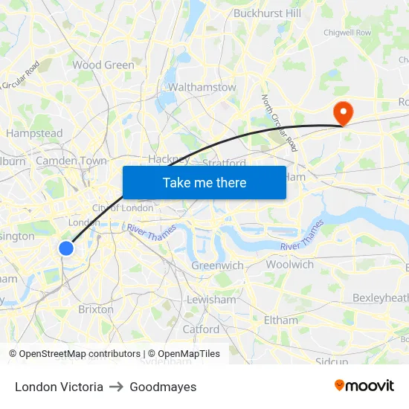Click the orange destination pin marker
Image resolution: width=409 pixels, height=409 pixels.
click(x=344, y=113)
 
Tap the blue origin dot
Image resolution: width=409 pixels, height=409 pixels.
click(x=66, y=248)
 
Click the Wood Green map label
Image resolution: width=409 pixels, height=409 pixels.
click(x=103, y=65)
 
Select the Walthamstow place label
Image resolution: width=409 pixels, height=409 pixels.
click(x=202, y=88)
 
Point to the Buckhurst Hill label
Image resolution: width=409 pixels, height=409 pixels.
click(x=267, y=13)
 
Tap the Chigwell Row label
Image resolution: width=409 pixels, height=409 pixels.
click(x=347, y=33)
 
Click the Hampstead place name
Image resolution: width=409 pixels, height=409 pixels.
click(x=34, y=133)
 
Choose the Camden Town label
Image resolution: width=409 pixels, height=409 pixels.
click(x=71, y=161)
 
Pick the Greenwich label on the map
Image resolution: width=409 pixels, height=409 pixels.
click(x=217, y=265)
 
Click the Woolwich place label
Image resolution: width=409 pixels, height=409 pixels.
click(x=289, y=264)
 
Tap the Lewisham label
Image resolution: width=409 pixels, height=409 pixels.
click(x=211, y=300)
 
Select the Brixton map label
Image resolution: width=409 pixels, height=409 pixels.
click(x=96, y=309)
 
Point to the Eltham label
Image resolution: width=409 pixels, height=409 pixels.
click(x=281, y=321)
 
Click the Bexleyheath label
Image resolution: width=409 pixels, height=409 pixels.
click(x=380, y=297)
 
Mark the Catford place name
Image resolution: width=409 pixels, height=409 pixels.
click(x=201, y=329)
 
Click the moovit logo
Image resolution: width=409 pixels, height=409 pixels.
click(x=364, y=386)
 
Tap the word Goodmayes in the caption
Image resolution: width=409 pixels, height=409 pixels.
click(x=163, y=387)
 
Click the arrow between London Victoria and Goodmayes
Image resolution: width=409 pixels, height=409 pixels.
click(x=116, y=387)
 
